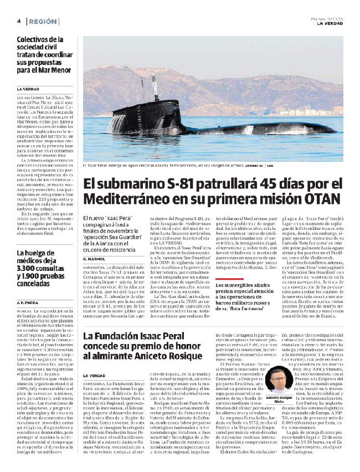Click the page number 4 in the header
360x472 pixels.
(19, 20)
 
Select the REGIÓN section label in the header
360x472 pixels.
(43, 20)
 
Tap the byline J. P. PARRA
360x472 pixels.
(28, 304)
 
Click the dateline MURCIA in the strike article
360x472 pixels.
(23, 312)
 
